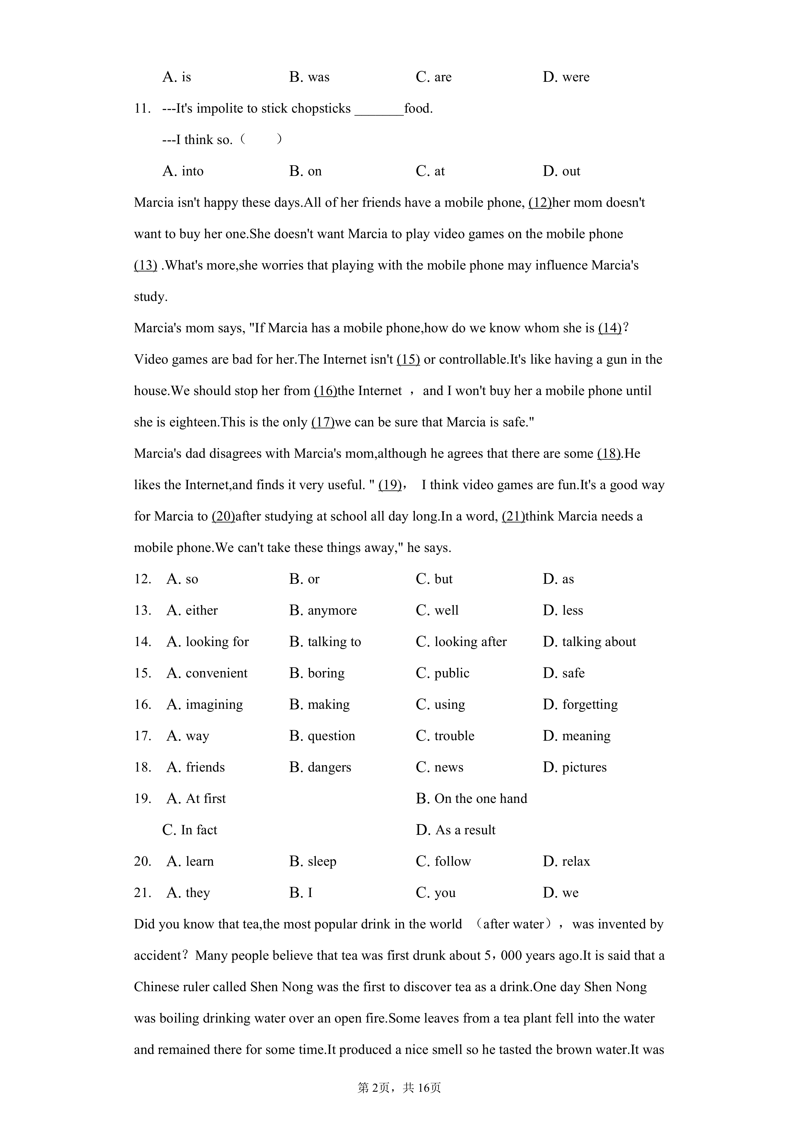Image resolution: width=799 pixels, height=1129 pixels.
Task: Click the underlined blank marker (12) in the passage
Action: (540, 202)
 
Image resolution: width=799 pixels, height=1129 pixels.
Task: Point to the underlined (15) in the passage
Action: (408, 359)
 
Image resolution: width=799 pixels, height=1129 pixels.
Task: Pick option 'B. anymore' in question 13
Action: (323, 610)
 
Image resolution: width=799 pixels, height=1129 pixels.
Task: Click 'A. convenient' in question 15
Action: (207, 673)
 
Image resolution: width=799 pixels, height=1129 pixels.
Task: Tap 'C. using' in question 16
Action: (440, 705)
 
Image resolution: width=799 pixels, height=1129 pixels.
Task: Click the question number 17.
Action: (142, 736)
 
